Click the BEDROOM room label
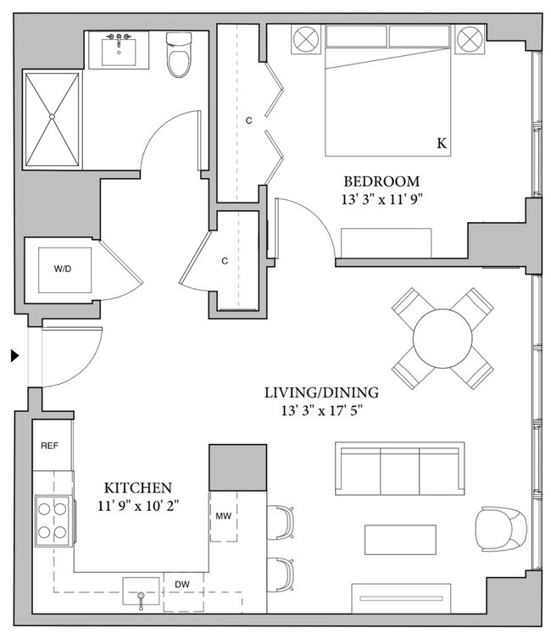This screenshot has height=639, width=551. click(381, 181)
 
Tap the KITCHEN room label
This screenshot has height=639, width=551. click(138, 488)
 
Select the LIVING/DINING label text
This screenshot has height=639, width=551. click(320, 393)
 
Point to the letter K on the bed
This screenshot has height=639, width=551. click(441, 144)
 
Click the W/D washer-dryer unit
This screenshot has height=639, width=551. click(63, 269)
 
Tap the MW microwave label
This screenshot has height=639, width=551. click(223, 515)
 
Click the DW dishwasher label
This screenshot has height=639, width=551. click(182, 585)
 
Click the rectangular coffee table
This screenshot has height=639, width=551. click(400, 538)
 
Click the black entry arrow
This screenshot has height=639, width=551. click(14, 356)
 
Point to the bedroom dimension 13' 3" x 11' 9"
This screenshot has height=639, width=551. click(381, 201)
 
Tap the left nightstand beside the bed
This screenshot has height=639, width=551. click(304, 39)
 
